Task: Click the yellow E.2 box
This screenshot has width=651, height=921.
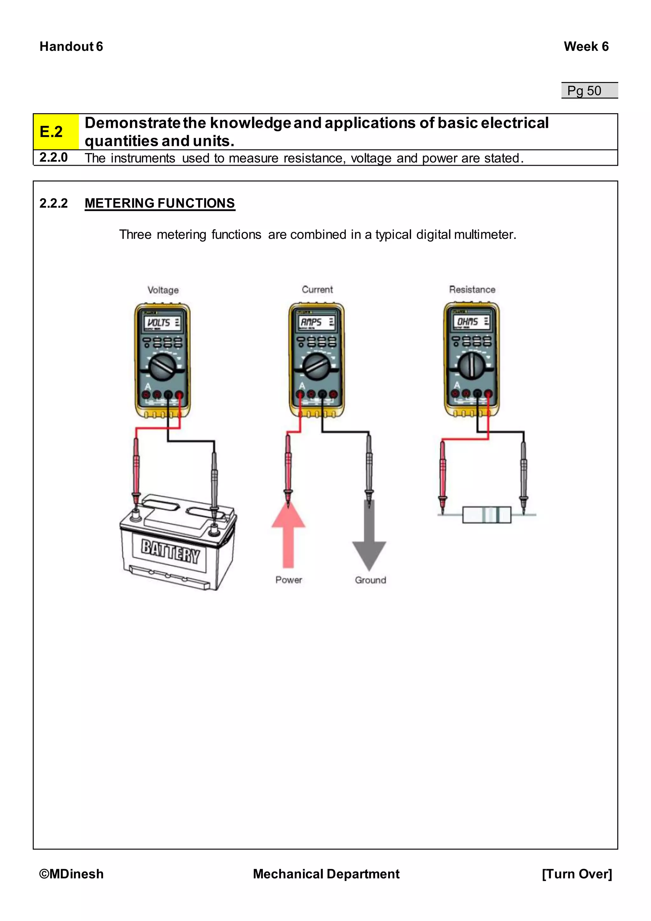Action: pyautogui.click(x=56, y=132)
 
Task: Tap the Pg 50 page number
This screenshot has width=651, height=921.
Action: pyautogui.click(x=585, y=91)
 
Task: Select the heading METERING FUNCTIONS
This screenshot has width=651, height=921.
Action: pyautogui.click(x=160, y=203)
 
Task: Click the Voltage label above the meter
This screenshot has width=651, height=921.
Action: pyautogui.click(x=163, y=290)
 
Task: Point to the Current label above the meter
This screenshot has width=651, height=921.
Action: pyautogui.click(x=317, y=289)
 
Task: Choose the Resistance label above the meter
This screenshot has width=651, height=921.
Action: pyautogui.click(x=472, y=289)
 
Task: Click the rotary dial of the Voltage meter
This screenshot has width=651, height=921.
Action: pyautogui.click(x=162, y=367)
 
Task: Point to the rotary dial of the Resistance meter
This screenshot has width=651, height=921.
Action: pyautogui.click(x=471, y=365)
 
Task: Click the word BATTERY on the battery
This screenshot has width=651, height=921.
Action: pyautogui.click(x=170, y=552)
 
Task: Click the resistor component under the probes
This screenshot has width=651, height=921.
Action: pyautogui.click(x=487, y=515)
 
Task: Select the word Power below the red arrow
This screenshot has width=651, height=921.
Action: pyautogui.click(x=289, y=580)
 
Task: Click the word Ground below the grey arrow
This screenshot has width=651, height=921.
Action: pyautogui.click(x=370, y=580)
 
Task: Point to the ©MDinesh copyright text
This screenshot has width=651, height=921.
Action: pyautogui.click(x=71, y=874)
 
